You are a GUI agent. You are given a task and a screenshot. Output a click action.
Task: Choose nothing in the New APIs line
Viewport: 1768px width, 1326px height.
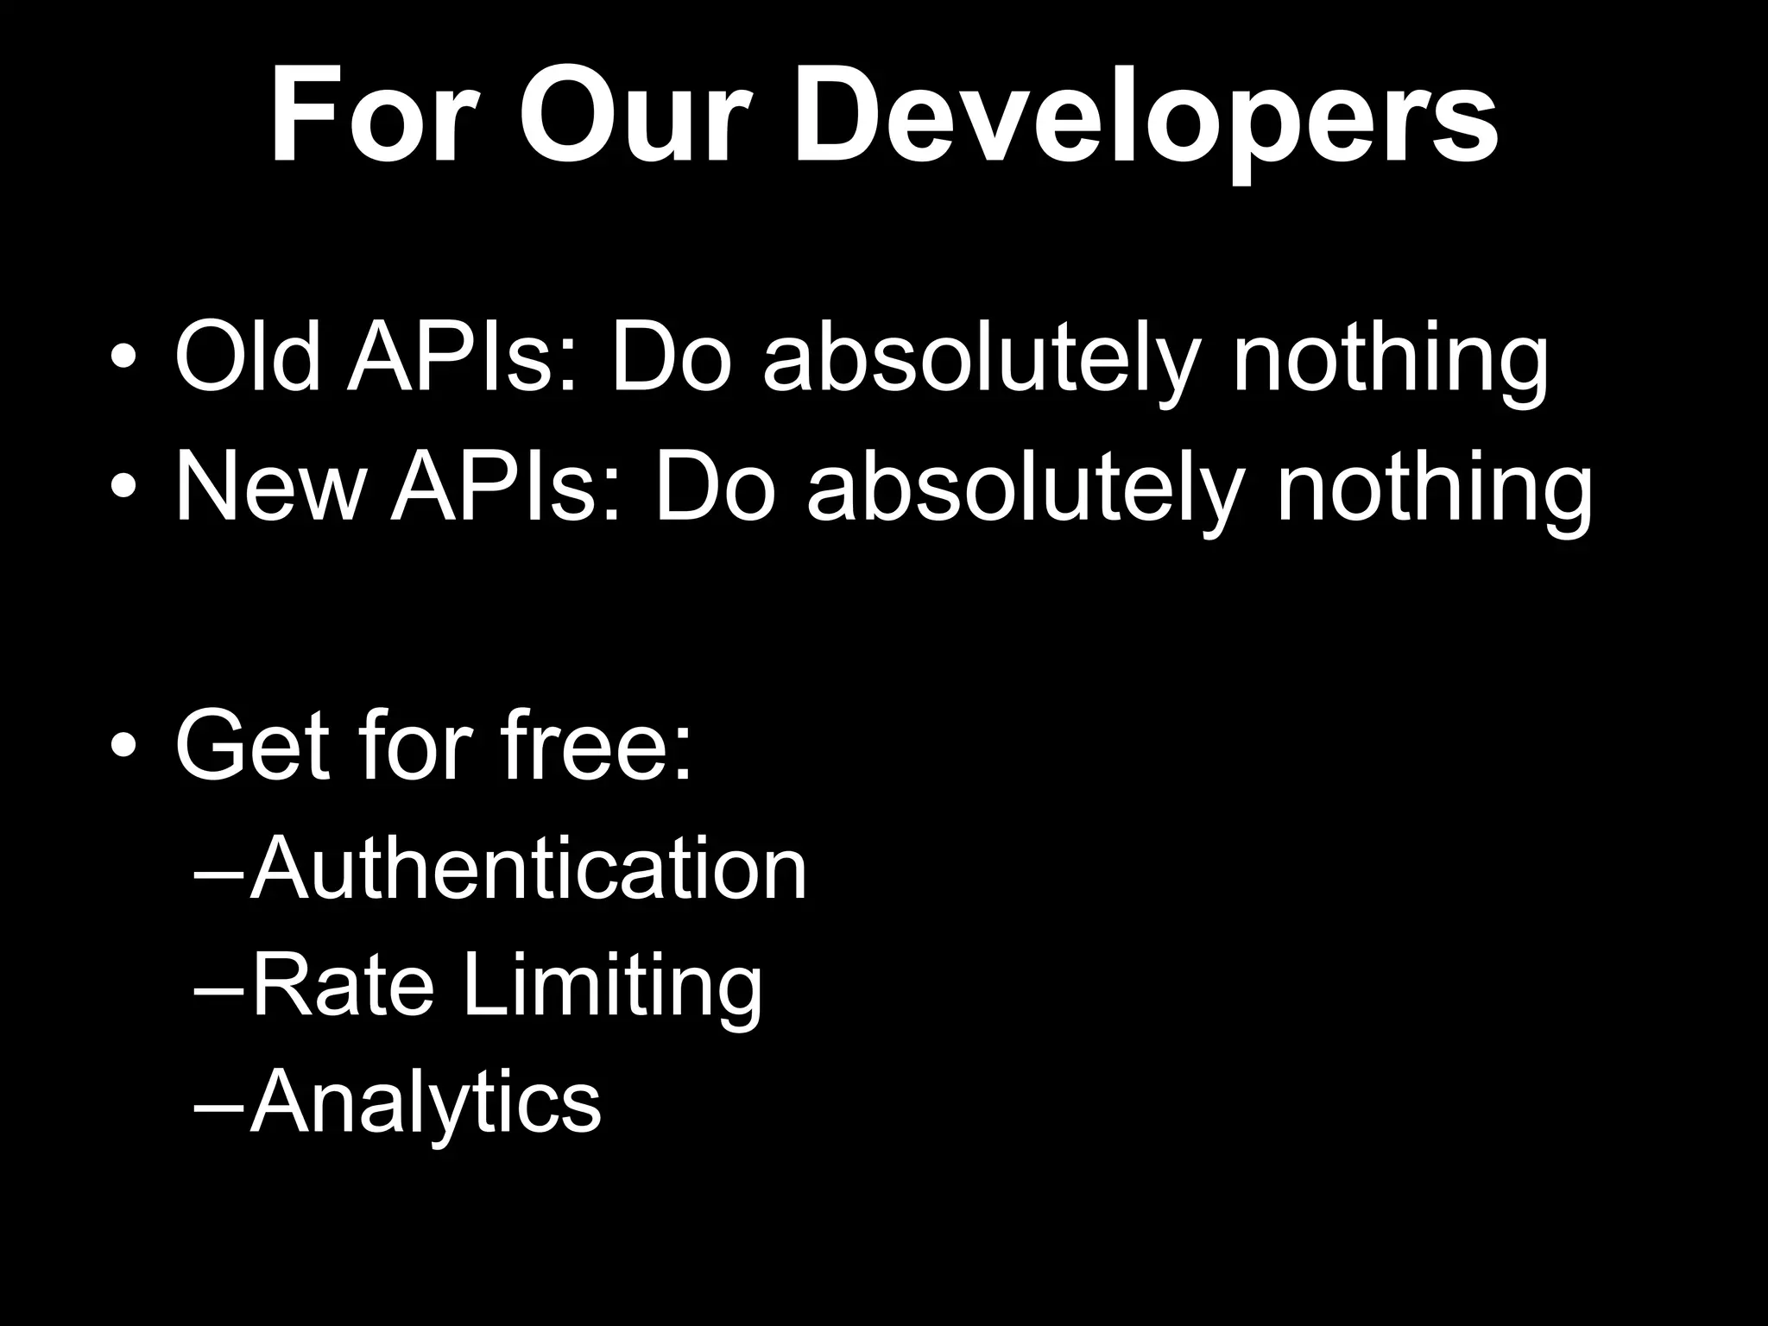[1434, 490]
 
